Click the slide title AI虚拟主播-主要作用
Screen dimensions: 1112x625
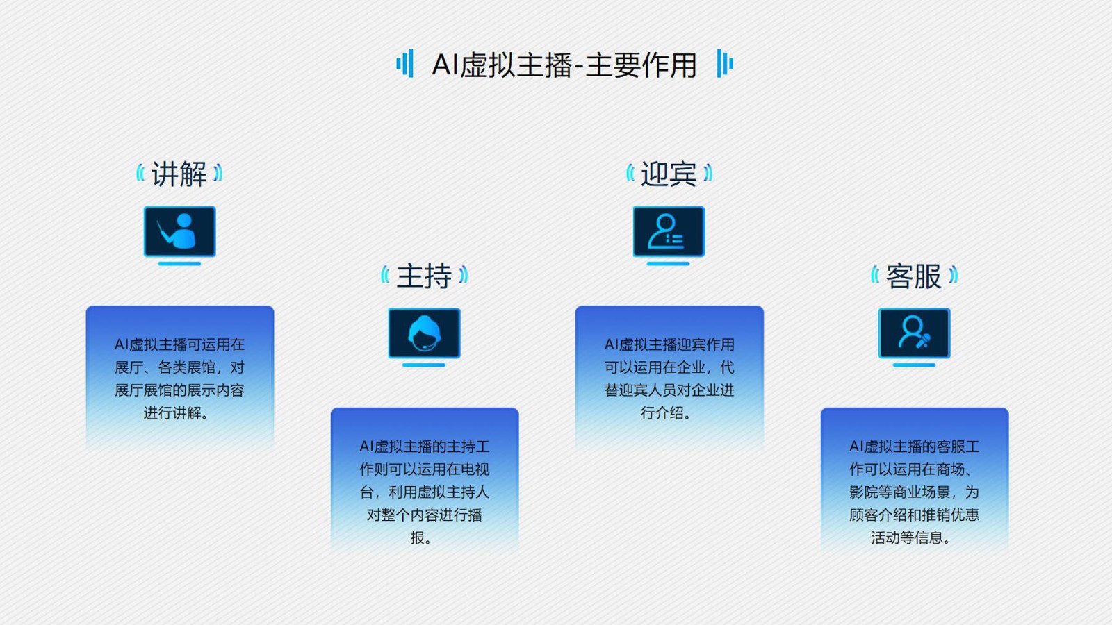pos(564,65)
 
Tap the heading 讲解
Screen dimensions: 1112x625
pos(179,174)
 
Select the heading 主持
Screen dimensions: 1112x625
pos(425,276)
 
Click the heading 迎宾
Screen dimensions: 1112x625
pos(669,174)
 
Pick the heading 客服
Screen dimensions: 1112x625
pos(914,276)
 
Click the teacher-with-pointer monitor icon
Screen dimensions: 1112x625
pos(180,235)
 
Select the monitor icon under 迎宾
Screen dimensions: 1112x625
pos(669,235)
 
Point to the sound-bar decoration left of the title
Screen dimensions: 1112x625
pos(405,63)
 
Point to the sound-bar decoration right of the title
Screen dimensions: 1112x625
pos(725,63)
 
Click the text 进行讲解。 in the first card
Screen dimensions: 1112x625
pos(177,412)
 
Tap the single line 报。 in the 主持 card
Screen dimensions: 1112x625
pos(421,537)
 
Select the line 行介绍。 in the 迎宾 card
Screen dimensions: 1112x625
pos(667,412)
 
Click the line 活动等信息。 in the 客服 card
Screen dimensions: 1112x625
pos(911,537)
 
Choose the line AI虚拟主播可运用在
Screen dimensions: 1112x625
pos(180,344)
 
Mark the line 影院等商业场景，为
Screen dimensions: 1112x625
pos(914,492)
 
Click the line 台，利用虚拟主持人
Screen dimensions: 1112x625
pos(425,492)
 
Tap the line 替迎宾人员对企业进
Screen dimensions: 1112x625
pos(669,390)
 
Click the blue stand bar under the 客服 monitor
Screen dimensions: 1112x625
pos(914,365)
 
